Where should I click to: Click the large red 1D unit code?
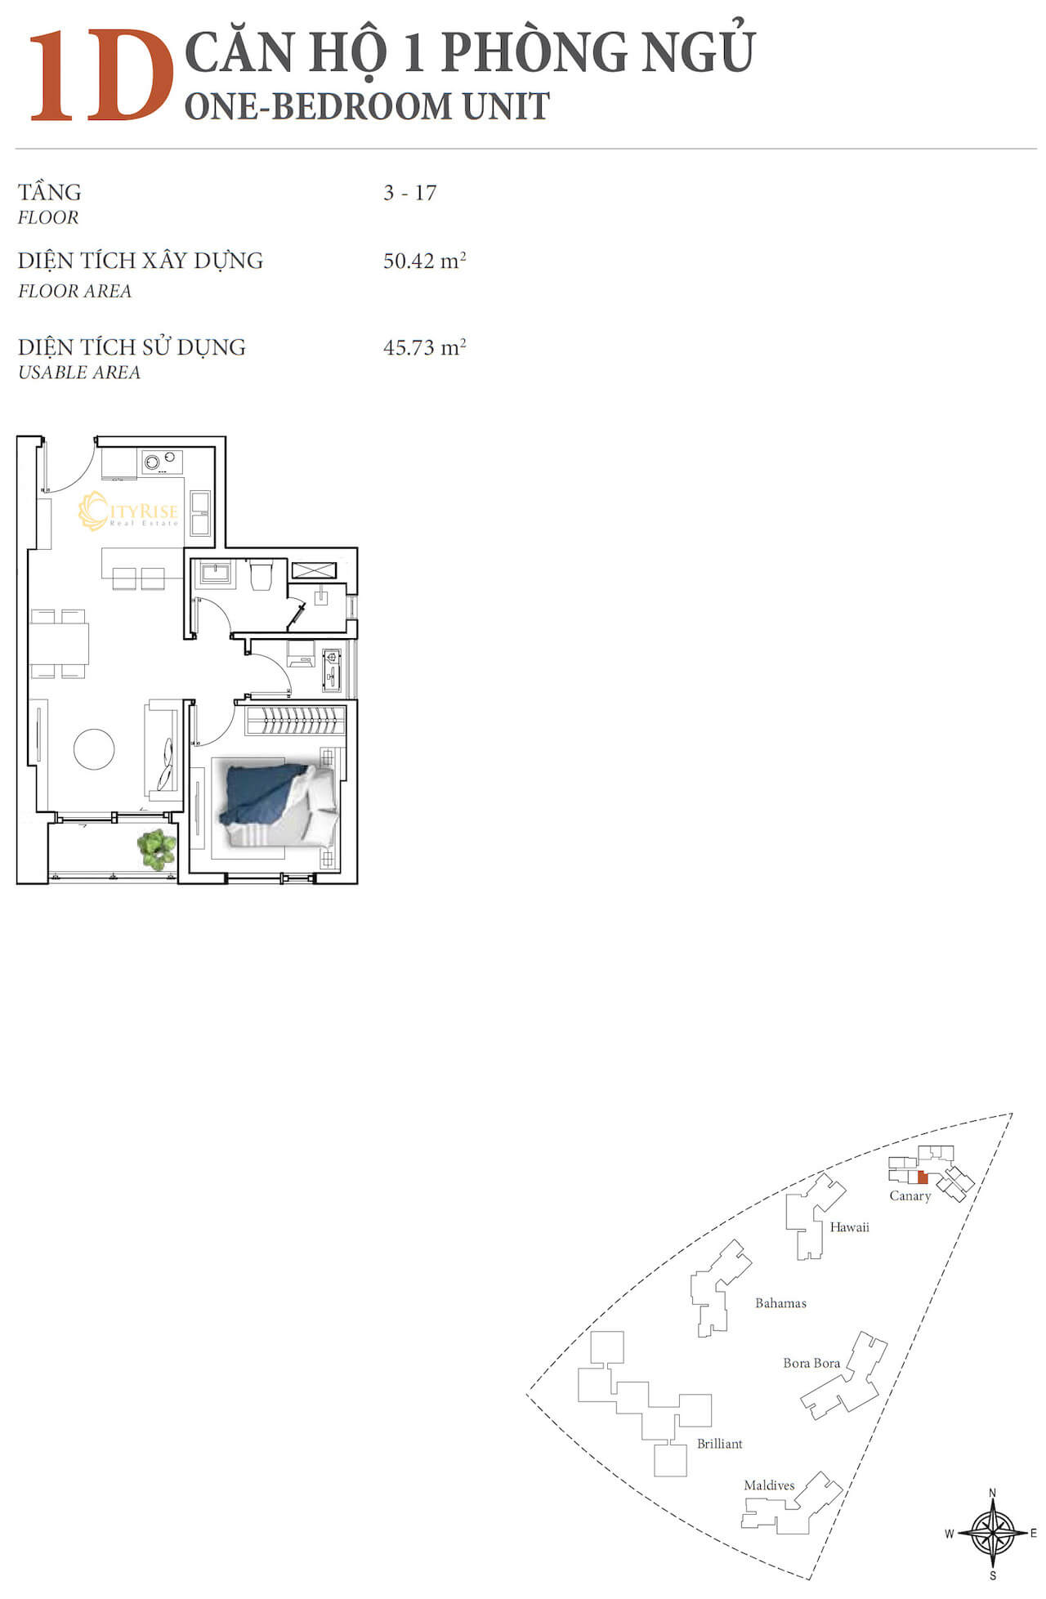tap(101, 76)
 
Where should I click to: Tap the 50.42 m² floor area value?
tap(424, 261)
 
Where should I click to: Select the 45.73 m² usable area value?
tap(424, 346)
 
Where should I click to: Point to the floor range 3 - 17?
tap(410, 193)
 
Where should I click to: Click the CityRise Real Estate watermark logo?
tap(128, 511)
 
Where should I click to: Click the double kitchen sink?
tap(200, 512)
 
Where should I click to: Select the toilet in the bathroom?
tap(261, 574)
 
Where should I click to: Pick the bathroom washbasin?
tap(216, 571)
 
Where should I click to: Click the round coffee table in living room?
tap(94, 748)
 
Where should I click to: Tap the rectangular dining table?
tap(59, 643)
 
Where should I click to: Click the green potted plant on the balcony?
tap(156, 850)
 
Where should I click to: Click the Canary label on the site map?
tap(910, 1196)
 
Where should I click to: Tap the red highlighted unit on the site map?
tap(923, 1177)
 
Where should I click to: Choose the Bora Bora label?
tap(811, 1363)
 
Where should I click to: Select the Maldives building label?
tap(769, 1485)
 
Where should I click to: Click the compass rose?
tap(993, 1534)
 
